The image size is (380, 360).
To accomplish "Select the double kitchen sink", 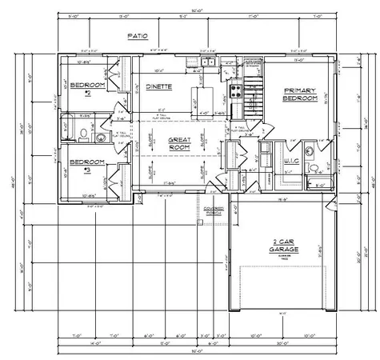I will tap(206, 62).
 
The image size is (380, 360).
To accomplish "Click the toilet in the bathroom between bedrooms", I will tap(101, 137).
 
